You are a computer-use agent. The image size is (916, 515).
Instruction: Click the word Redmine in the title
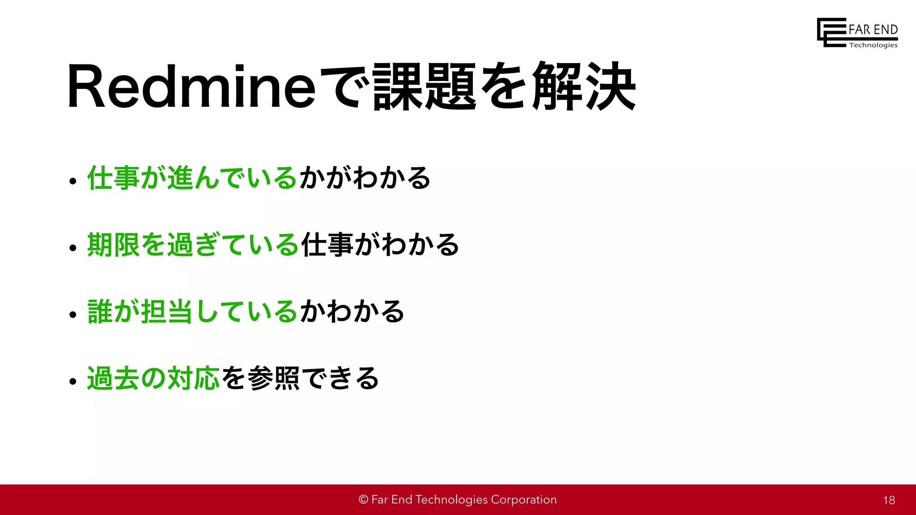(191, 87)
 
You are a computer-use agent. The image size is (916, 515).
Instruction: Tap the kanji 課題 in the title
(424, 87)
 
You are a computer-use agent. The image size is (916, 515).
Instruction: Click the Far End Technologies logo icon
(831, 32)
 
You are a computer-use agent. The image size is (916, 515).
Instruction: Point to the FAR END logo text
(873, 30)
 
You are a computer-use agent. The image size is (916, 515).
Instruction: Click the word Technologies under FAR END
(873, 45)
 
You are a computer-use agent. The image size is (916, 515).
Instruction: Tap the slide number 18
(889, 500)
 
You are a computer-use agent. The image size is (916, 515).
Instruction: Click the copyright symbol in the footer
(363, 500)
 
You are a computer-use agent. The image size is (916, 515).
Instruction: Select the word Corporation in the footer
(524, 500)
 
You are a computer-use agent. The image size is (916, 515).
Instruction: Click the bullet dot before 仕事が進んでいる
(73, 182)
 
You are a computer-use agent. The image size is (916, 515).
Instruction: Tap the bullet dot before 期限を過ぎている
(73, 248)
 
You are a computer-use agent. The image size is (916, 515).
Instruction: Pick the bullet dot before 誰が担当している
(73, 315)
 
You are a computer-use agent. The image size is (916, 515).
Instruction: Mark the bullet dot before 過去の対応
(73, 381)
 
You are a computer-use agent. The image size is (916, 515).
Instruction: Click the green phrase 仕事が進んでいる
(192, 178)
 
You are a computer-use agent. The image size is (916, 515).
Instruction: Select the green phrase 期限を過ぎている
(193, 245)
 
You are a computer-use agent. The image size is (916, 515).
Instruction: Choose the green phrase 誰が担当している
(192, 312)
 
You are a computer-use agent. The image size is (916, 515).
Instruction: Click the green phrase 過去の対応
(153, 378)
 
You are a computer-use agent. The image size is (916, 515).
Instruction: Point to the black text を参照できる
(300, 378)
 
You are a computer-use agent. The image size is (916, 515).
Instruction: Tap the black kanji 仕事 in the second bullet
(327, 245)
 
